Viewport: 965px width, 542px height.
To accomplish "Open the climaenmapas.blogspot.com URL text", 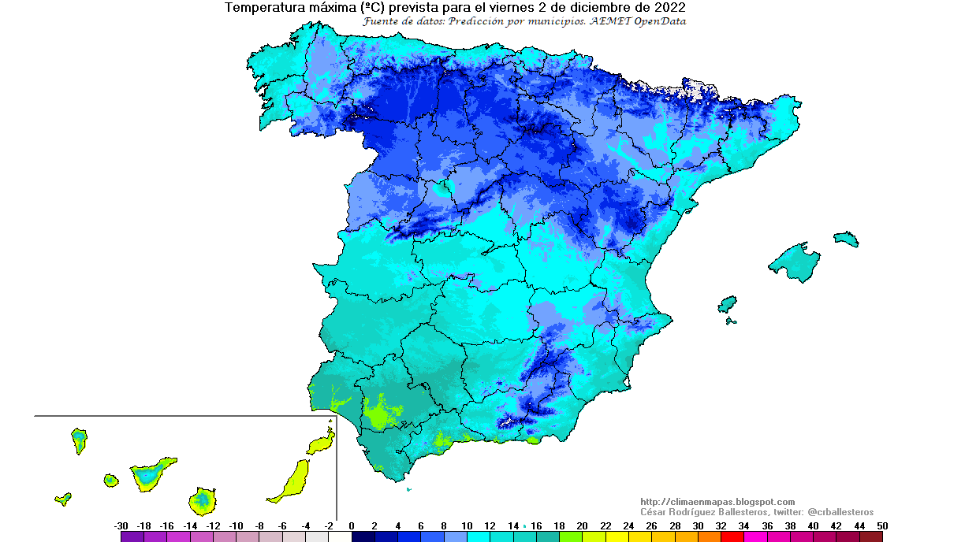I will pos(717,502).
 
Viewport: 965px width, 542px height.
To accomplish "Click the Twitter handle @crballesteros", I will pos(840,512).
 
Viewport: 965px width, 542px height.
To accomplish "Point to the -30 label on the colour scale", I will pos(121,525).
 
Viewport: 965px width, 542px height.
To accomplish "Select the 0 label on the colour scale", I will pos(352,525).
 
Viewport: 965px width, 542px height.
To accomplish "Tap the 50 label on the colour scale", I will pos(882,525).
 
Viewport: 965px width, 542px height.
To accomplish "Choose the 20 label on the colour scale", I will pos(582,525).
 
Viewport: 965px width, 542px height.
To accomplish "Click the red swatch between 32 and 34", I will pos(732,536).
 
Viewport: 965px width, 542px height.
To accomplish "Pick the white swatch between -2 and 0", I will pos(340,536).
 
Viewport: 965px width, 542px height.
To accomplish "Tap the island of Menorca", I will pos(846,238).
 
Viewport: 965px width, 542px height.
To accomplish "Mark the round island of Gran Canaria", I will pos(203,499).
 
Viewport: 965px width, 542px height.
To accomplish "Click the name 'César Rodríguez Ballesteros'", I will pos(706,512).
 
